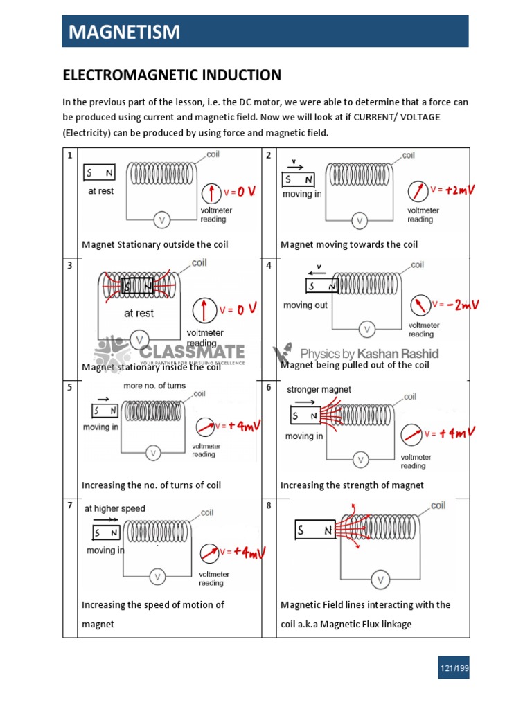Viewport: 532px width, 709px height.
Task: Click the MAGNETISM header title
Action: [123, 32]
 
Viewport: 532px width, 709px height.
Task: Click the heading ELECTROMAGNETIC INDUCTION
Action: [172, 75]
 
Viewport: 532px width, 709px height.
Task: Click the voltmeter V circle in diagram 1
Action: [162, 220]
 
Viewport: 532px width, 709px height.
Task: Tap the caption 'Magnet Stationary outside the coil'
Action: [154, 244]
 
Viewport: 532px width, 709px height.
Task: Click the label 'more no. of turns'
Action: [154, 386]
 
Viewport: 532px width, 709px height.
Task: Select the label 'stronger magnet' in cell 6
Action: [319, 390]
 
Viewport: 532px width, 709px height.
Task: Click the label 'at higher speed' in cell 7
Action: [114, 509]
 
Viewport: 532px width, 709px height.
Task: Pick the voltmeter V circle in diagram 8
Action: [380, 580]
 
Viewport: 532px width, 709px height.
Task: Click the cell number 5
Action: [69, 387]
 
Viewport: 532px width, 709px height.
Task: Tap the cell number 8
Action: [269, 506]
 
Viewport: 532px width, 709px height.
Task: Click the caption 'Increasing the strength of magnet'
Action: [352, 485]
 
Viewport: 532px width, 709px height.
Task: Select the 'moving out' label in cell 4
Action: [305, 305]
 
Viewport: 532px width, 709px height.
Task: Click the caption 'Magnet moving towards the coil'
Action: [349, 244]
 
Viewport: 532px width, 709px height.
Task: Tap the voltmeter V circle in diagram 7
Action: [157, 576]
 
